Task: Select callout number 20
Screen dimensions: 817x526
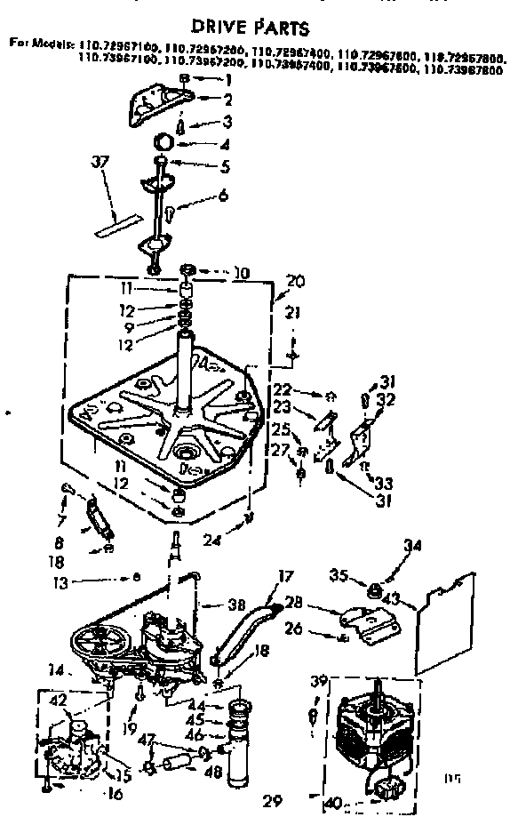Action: (x=295, y=282)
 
